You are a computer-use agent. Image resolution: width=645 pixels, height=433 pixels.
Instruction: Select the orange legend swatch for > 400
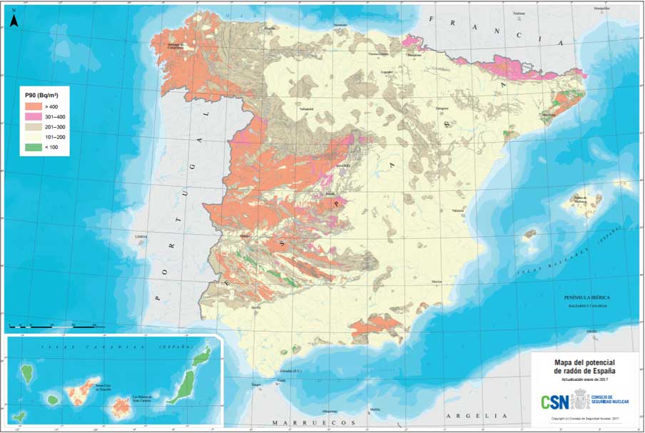pos(32,106)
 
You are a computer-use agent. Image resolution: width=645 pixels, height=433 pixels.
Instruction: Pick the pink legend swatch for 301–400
pos(32,117)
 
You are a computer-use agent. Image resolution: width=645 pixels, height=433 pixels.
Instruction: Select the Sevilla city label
pos(255,307)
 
